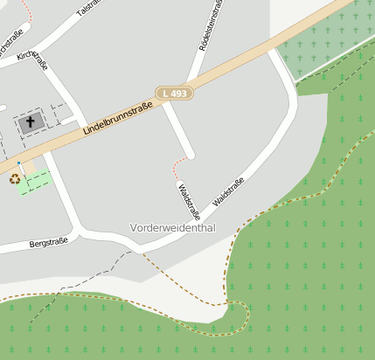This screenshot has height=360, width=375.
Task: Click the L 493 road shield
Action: [174, 93]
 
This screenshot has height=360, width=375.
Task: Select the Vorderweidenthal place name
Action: [172, 227]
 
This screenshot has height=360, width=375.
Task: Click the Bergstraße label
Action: [48, 242]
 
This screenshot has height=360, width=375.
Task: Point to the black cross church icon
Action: [31, 122]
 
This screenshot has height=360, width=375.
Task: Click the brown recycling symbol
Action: [15, 179]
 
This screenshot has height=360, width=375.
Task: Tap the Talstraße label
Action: [88, 8]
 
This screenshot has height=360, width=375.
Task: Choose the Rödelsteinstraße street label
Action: [209, 24]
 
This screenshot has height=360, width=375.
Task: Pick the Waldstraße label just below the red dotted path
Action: [189, 201]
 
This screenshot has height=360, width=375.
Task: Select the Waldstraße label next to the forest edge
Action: [228, 191]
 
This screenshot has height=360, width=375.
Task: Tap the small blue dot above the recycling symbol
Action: [18, 163]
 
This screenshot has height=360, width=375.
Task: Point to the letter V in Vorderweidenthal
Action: [134, 227]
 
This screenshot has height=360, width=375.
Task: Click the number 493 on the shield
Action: [178, 93]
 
